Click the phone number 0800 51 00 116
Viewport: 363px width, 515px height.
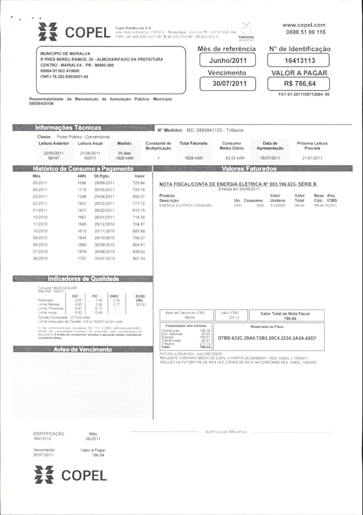(306, 32)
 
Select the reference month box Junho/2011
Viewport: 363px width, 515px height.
(228, 61)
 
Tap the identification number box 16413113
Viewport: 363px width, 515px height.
(298, 61)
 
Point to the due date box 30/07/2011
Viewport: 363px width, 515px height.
(228, 84)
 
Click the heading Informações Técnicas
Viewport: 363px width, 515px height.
(68, 128)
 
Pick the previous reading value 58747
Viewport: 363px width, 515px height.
(54, 158)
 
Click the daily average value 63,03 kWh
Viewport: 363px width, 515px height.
(235, 158)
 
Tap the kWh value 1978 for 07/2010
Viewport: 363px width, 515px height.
(82, 252)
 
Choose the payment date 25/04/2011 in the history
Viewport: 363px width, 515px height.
(104, 197)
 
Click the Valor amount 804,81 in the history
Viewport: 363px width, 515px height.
(139, 245)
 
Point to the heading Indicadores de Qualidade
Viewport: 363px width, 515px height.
(83, 279)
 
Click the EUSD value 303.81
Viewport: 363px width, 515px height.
(141, 305)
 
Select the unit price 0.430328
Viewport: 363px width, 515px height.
(277, 205)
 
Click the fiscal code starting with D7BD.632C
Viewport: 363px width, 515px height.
(267, 338)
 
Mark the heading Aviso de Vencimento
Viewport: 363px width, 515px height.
(83, 349)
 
